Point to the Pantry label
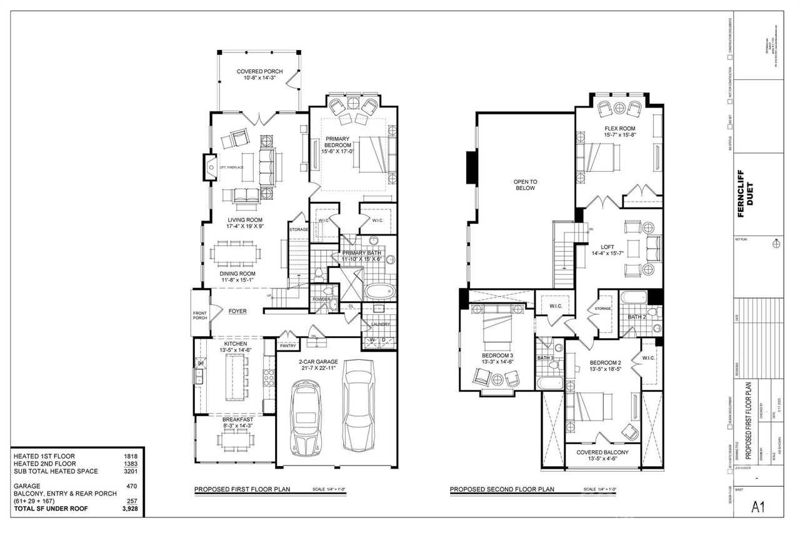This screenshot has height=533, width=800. (x=287, y=345)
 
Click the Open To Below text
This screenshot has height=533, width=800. (x=525, y=184)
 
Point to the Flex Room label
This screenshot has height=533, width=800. (x=619, y=132)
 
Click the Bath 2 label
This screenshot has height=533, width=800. (x=636, y=317)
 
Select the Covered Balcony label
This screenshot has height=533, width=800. (x=603, y=456)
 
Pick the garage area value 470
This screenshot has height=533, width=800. (x=131, y=486)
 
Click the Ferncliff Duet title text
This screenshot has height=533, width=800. (x=746, y=193)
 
